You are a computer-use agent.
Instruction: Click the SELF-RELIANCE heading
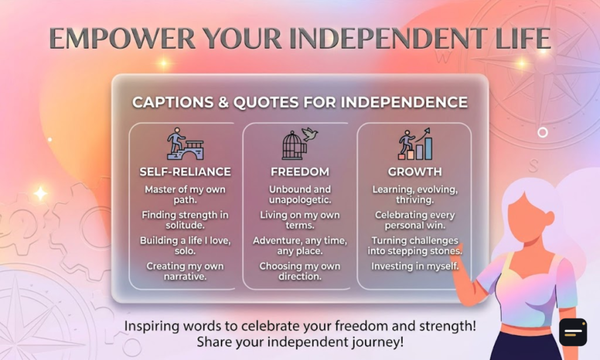[x=185, y=172]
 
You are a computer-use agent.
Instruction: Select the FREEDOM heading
[x=300, y=172]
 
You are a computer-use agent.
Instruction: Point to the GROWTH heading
[x=415, y=172]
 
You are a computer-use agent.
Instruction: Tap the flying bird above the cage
[x=311, y=134]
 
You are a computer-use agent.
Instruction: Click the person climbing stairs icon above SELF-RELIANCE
[x=185, y=144]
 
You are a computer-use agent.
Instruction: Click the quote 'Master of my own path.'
[x=185, y=195]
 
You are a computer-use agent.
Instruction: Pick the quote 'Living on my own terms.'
[x=300, y=220]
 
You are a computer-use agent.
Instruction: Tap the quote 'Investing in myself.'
[x=415, y=266]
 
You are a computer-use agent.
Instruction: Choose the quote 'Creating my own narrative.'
[x=185, y=271]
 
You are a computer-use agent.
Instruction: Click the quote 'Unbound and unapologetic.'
[x=300, y=195]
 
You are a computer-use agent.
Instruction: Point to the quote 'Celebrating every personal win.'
[x=415, y=220]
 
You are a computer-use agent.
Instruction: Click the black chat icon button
[x=573, y=332]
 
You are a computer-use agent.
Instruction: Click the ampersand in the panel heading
[x=223, y=102]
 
